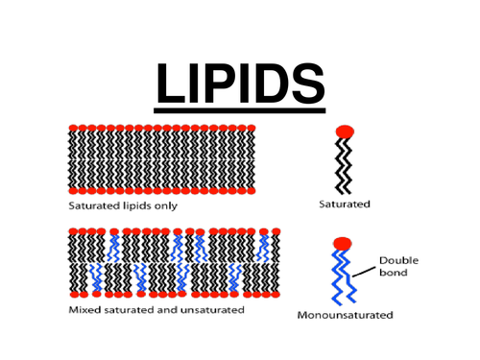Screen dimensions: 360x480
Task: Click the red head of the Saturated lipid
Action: [345, 132]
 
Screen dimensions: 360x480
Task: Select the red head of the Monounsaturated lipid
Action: [341, 244]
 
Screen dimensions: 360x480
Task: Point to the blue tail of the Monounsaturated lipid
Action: [342, 278]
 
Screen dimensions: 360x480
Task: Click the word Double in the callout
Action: [397, 260]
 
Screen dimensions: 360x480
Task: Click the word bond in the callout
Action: [394, 274]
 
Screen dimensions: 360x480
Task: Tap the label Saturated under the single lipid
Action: [345, 204]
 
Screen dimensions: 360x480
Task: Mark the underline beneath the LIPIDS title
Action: [240, 108]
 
